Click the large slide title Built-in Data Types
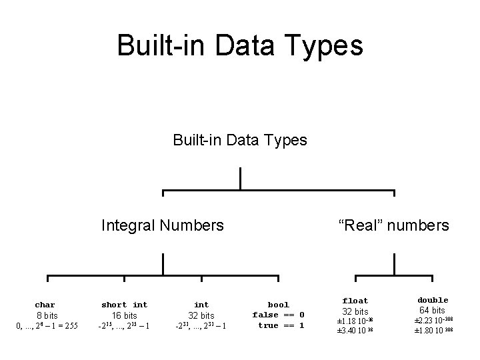[x=240, y=46]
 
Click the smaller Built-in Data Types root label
[x=240, y=140]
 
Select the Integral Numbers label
[x=162, y=225]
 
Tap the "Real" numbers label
[x=394, y=225]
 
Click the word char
[x=45, y=305]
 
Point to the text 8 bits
[x=46, y=315]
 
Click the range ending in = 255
[x=46, y=325]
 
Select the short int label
[x=125, y=305]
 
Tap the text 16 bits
[x=125, y=315]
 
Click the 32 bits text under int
[x=201, y=315]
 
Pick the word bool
[x=278, y=305]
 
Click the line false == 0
[x=278, y=315]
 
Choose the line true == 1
[x=281, y=325]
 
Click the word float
[x=355, y=301]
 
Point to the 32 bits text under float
[x=355, y=311]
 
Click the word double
[x=433, y=300]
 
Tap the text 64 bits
[x=433, y=310]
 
